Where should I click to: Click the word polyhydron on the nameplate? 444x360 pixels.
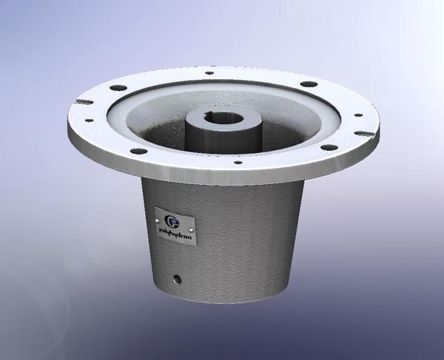coord(176,230)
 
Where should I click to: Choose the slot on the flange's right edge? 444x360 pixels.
coord(362,134)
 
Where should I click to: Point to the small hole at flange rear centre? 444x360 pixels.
coord(209,72)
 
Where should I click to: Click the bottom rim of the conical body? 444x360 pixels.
coord(222,301)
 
